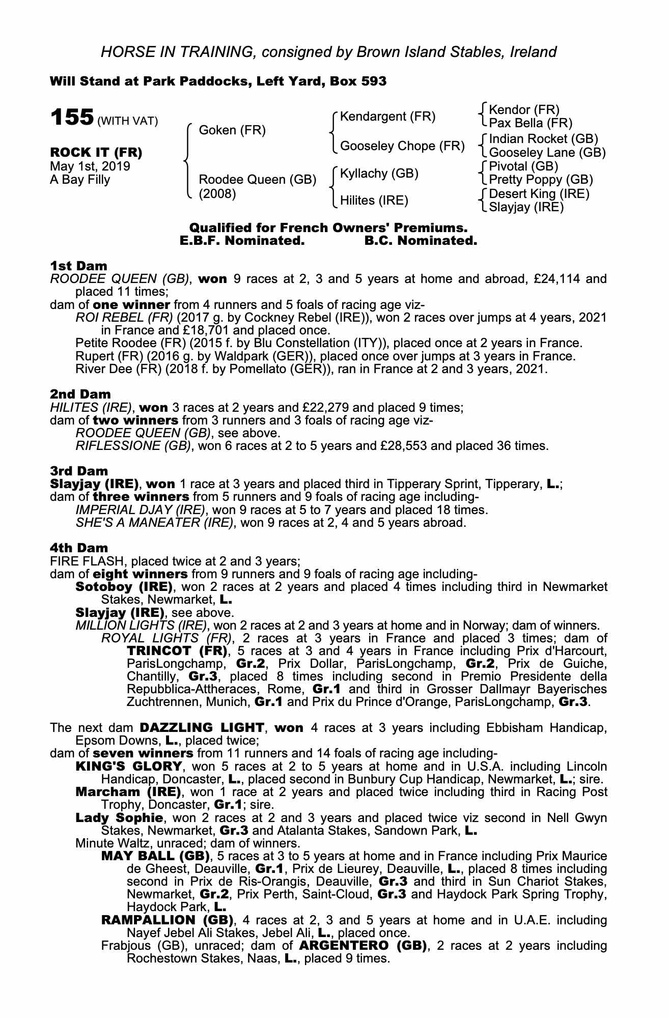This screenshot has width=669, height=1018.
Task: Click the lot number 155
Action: [x=71, y=118]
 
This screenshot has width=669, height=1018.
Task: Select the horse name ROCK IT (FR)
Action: [x=96, y=152]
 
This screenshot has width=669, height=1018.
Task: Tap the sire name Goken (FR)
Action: [x=232, y=130]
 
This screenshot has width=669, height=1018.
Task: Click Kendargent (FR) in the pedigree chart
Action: [x=387, y=117]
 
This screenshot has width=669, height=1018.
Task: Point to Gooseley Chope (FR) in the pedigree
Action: [x=402, y=146]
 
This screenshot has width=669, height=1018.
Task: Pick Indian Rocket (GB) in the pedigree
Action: [x=543, y=139]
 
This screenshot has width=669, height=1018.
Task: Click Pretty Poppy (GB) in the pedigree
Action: [x=541, y=180]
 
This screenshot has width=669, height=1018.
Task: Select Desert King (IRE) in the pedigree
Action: [x=539, y=194]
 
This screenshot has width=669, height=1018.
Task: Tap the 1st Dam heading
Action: [x=78, y=266]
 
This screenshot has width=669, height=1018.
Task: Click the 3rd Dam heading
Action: [x=79, y=471]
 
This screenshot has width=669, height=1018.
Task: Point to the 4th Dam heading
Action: [x=79, y=548]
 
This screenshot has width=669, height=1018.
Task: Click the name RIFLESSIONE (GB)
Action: [x=133, y=446]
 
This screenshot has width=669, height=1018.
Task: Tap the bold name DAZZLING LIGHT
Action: [x=202, y=727]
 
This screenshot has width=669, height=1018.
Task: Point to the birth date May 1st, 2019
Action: [x=90, y=166]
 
